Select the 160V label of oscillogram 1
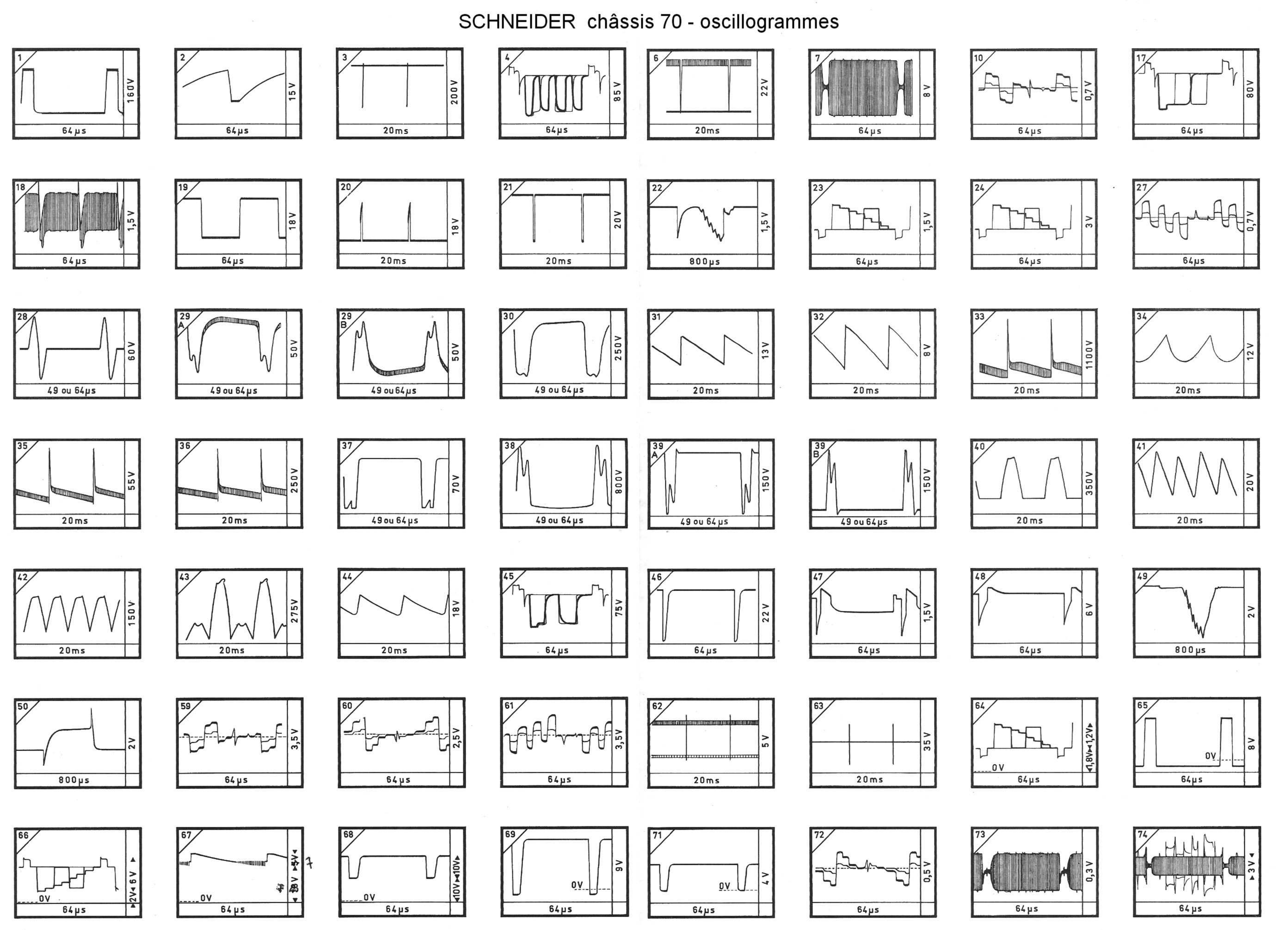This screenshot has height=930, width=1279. point(131,90)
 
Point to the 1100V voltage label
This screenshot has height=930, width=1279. point(1088,354)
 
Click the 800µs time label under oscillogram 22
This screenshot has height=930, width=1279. point(704,262)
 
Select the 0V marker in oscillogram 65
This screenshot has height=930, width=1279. point(1210,756)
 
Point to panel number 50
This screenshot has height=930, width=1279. point(23,707)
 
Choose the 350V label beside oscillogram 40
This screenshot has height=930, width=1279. point(1088,483)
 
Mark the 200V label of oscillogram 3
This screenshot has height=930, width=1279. point(455,92)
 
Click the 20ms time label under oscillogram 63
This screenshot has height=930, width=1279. point(869,779)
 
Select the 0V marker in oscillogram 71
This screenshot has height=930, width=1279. point(725,886)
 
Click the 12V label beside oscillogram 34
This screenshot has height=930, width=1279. point(1250,352)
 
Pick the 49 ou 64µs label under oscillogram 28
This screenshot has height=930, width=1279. point(71,390)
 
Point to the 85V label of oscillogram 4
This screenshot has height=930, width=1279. point(617,92)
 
